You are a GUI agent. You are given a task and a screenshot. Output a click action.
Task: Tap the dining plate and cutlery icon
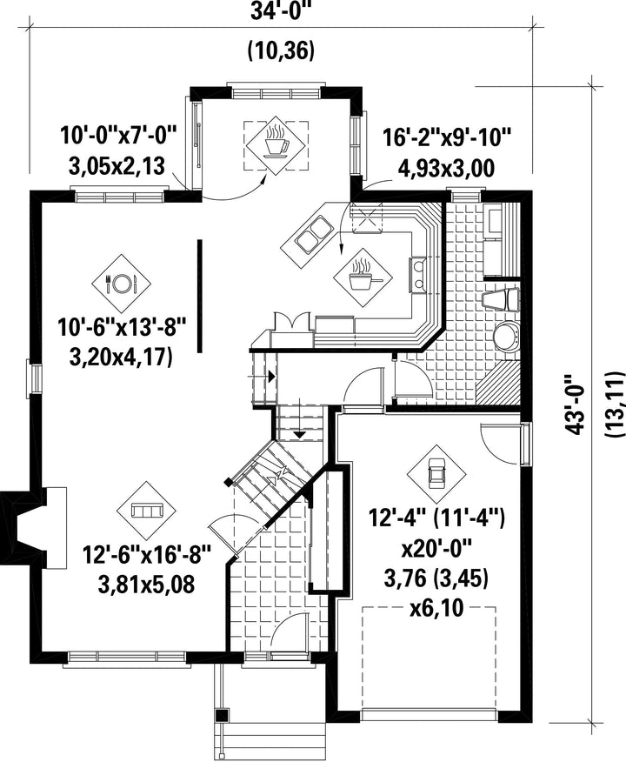[x=121, y=283]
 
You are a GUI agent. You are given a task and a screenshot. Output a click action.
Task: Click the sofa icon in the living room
[x=147, y=511]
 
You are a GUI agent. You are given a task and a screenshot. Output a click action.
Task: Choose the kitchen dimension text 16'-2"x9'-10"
[x=447, y=137]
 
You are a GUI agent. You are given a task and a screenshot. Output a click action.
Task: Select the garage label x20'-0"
[x=436, y=551]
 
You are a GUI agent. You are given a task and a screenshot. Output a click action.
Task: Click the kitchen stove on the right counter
[x=418, y=276]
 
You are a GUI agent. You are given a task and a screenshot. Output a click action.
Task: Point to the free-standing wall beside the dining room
[x=199, y=295]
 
